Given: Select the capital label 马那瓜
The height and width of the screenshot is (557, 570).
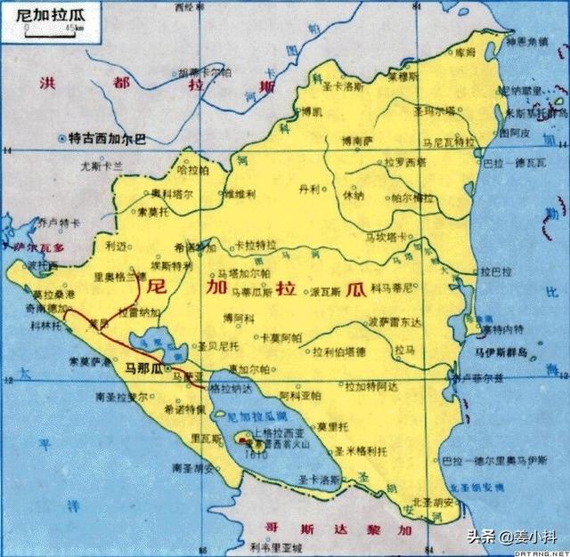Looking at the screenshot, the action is click(x=143, y=367).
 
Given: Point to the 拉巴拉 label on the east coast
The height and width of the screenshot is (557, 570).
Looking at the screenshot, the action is click(x=497, y=270).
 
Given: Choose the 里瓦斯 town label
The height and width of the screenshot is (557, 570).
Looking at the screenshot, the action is click(x=207, y=439).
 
